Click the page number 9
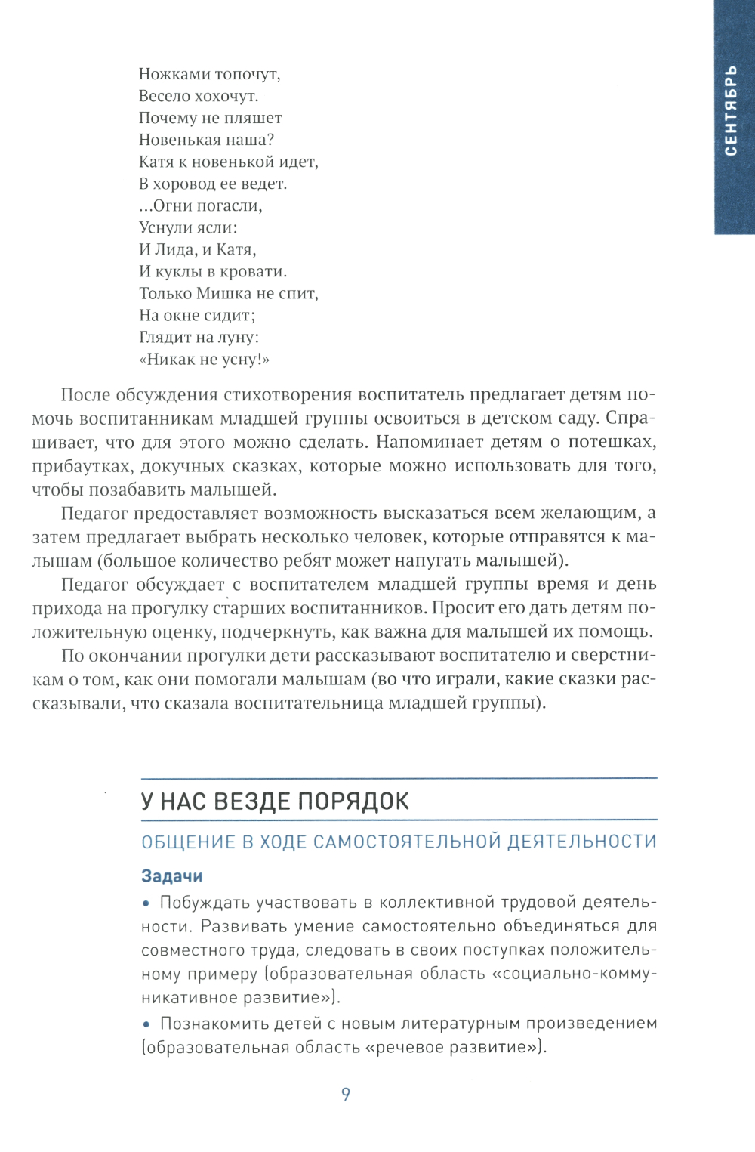pyautogui.click(x=346, y=1094)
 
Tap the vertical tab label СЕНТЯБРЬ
pyautogui.click(x=730, y=111)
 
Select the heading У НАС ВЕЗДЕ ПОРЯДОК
pyautogui.click(x=275, y=801)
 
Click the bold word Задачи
pyautogui.click(x=172, y=876)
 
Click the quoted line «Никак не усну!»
pyautogui.click(x=204, y=360)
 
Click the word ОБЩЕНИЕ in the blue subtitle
pyautogui.click(x=188, y=842)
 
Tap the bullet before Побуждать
pyautogui.click(x=146, y=903)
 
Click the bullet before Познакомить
pyautogui.click(x=146, y=1024)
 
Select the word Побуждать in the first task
pyautogui.click(x=205, y=903)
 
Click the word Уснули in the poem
pyautogui.click(x=165, y=227)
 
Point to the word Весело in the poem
pyautogui.click(x=164, y=96)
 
